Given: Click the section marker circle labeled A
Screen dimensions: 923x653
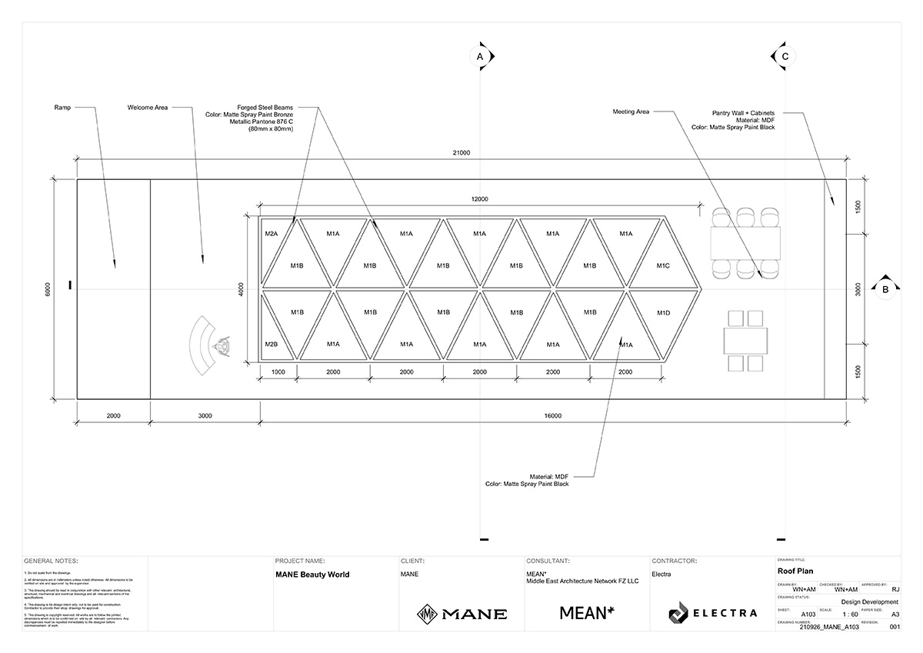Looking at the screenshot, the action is pos(480,57).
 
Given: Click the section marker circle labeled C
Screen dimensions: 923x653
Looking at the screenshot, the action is pos(785,57).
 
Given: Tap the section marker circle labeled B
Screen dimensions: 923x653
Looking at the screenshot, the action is pos(885,289).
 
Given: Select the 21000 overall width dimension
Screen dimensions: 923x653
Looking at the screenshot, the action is pos(461,153).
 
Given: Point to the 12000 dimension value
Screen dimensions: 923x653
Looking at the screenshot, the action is pos(479,199).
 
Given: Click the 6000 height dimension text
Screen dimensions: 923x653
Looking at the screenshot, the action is pos(48,289).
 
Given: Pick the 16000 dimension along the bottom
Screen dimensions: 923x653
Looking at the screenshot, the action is pos(552,416).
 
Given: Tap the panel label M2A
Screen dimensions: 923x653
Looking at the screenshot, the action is pos(271,233).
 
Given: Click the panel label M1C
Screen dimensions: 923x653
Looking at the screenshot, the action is pos(663,265).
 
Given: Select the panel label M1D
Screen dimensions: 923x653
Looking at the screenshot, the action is pos(663,313).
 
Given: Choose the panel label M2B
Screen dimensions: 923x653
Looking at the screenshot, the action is pos(271,344).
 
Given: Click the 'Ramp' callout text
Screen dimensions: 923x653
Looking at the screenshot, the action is pos(63,108).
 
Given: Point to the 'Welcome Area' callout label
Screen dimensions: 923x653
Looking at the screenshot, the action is pos(148,108).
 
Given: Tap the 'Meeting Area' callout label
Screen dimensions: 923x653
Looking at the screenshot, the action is pos(631,112).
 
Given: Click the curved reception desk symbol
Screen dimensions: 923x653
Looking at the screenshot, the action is pos(202,347).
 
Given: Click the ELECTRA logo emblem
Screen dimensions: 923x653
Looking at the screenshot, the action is pos(678,613).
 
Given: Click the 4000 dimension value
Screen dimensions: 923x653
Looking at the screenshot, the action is pos(241,289).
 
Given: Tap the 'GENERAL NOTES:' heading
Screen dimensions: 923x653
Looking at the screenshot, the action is pos(52,561).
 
